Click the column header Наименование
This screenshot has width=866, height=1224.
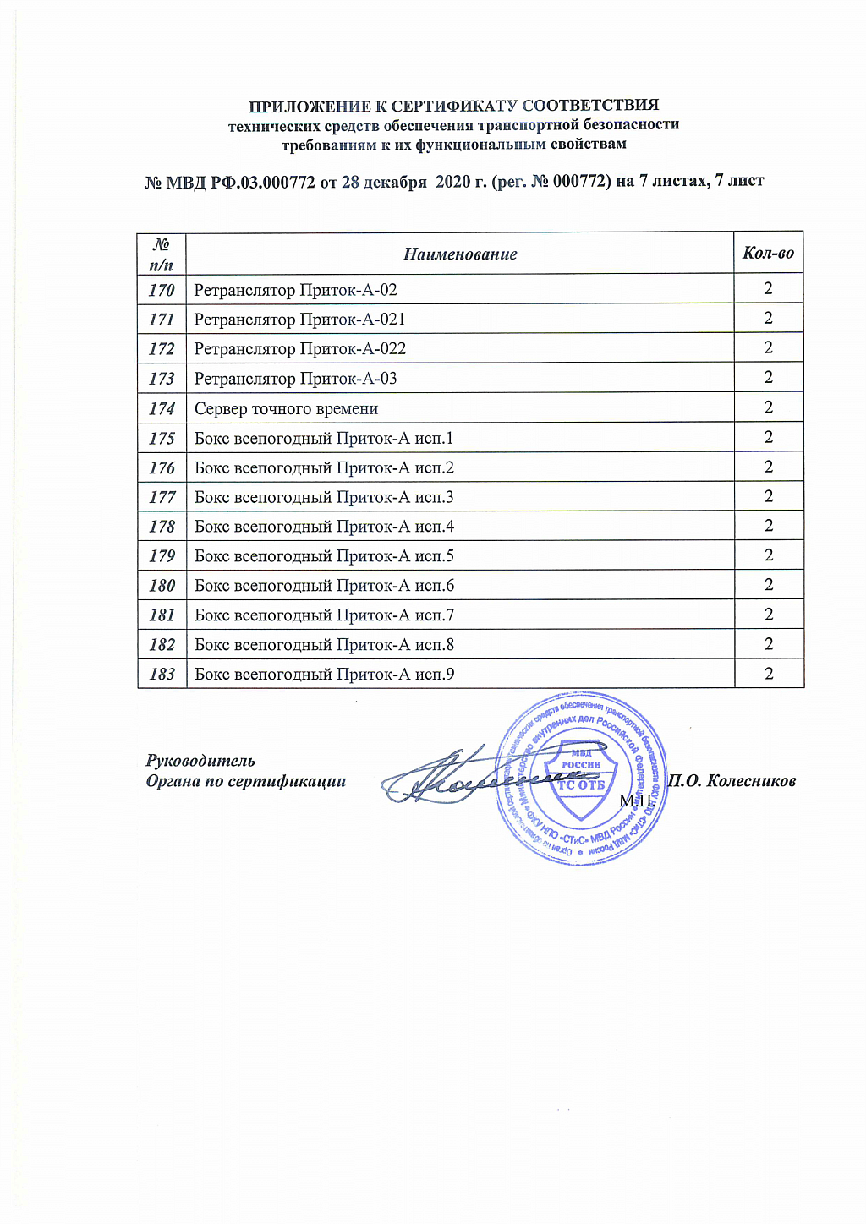pyautogui.click(x=460, y=254)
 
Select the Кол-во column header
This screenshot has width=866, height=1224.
pyautogui.click(x=768, y=253)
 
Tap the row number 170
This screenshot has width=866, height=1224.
pyautogui.click(x=162, y=290)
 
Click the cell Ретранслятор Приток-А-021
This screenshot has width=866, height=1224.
pyautogui.click(x=299, y=320)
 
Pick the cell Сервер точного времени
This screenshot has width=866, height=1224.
pyautogui.click(x=286, y=409)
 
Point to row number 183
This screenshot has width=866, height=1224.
pyautogui.click(x=162, y=674)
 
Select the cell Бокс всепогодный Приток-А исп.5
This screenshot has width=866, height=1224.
pyautogui.click(x=324, y=556)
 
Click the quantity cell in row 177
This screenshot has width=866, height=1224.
pyautogui.click(x=769, y=496)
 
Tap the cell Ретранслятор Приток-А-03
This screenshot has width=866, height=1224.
pyautogui.click(x=295, y=379)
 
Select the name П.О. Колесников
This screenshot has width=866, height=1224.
pyautogui.click(x=732, y=781)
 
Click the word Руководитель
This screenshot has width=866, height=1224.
pyautogui.click(x=200, y=761)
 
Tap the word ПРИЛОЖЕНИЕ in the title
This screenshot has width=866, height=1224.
pyautogui.click(x=310, y=107)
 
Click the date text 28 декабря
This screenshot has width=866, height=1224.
pyautogui.click(x=384, y=182)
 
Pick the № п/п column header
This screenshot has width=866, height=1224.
pyautogui.click(x=162, y=254)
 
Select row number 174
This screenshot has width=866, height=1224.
pyautogui.click(x=162, y=408)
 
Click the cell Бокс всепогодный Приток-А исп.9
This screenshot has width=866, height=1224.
pyautogui.click(x=324, y=675)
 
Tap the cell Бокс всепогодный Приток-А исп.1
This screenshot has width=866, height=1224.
pyautogui.click(x=324, y=438)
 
